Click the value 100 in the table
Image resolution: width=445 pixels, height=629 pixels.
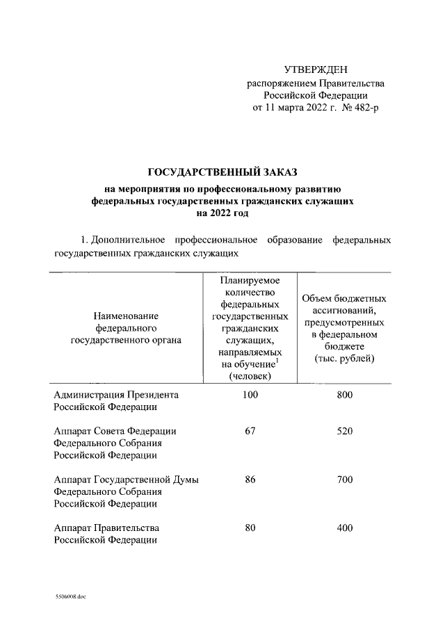(250, 395)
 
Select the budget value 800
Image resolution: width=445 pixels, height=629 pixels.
(344, 395)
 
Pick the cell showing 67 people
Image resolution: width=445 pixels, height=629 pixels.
(250, 431)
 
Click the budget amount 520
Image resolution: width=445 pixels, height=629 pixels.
(344, 431)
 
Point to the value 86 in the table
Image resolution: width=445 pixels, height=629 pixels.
(250, 480)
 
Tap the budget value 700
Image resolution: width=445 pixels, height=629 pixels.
(344, 480)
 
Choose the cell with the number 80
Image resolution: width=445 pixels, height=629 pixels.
(250, 528)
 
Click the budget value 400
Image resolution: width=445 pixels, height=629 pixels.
(344, 528)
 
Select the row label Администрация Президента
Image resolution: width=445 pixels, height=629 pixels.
(116, 395)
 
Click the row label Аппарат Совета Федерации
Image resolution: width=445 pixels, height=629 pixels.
(115, 431)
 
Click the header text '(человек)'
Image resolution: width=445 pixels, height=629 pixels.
(250, 376)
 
